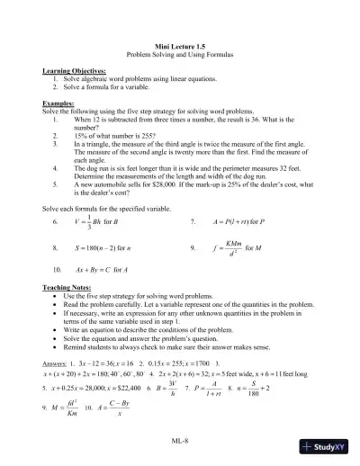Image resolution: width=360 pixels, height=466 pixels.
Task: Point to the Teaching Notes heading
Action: click(69, 287)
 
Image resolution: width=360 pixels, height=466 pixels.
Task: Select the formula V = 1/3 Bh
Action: click(90, 220)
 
